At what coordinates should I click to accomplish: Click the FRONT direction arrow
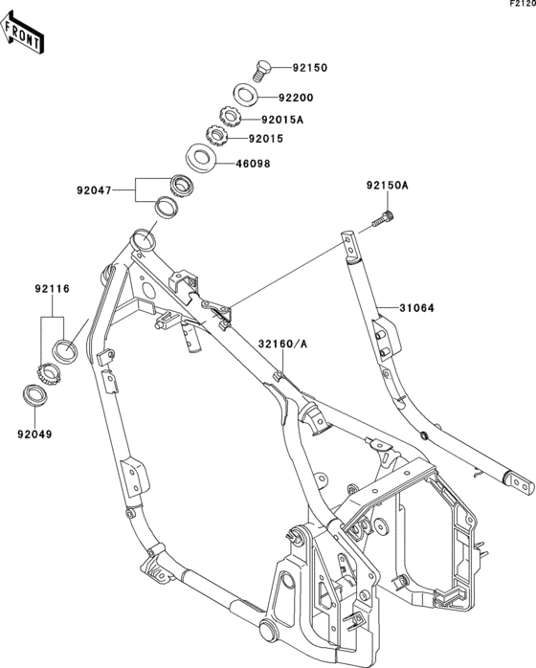tap(21, 33)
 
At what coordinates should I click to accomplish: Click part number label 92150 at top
tap(310, 68)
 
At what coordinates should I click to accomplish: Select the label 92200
tap(296, 98)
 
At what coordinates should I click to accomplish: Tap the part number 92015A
tap(282, 120)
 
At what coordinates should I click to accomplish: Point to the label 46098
tap(253, 164)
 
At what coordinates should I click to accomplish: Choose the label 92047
tap(94, 190)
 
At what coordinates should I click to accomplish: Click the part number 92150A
tap(388, 186)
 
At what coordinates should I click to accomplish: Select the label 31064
tap(416, 308)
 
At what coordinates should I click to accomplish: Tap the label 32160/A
tap(283, 344)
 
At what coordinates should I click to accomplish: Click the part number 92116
tap(52, 289)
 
